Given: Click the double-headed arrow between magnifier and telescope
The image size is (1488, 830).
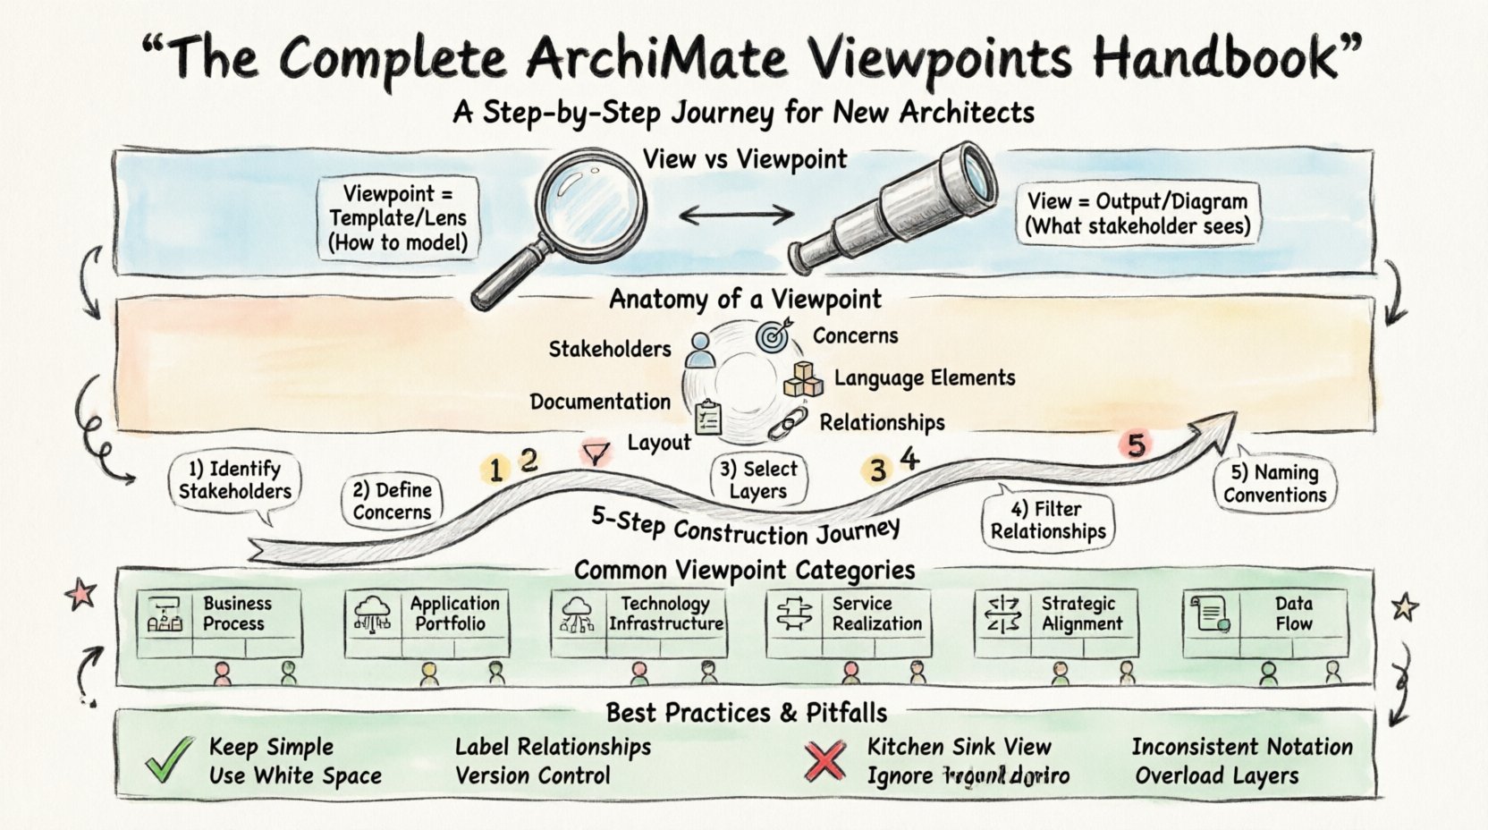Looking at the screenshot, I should click(737, 214).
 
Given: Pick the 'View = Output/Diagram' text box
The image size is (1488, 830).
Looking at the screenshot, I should click(1137, 214).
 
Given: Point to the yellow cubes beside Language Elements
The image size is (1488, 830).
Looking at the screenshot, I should click(803, 379).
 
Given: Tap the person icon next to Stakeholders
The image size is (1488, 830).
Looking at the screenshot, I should click(701, 350).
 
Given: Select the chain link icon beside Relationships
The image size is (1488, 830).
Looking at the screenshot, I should click(788, 423).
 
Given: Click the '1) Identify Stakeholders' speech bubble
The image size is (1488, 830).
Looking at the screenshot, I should click(235, 481).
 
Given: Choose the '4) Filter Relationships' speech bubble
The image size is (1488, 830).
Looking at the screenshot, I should click(1048, 521).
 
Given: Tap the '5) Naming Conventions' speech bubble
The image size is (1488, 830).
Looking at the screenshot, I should click(1275, 484).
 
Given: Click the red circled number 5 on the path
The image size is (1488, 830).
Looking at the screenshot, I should click(1136, 445).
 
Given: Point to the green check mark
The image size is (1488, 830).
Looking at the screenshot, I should click(170, 759).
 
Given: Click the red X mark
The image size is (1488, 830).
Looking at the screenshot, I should click(824, 761).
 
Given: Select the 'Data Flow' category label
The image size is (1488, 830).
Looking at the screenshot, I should click(1293, 614).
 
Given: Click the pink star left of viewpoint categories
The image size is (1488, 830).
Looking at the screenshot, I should click(81, 594).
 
